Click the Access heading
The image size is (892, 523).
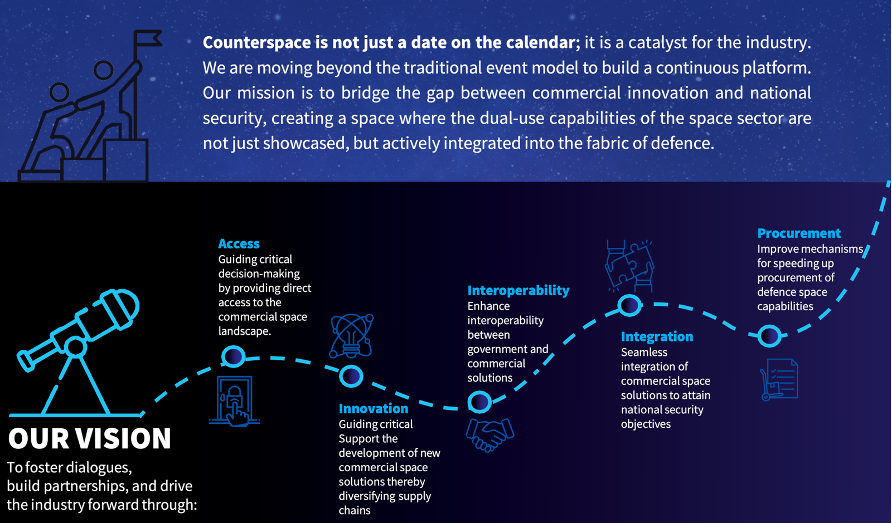(239, 243)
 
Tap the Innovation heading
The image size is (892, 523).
(373, 408)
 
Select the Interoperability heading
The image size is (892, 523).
(518, 290)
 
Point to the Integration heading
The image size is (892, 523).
(657, 336)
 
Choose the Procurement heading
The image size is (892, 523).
(798, 233)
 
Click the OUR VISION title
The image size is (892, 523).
(90, 438)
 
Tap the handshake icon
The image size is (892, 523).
(490, 434)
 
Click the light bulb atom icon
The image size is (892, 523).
(351, 336)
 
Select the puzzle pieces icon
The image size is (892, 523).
(629, 266)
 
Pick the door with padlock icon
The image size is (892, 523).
(235, 401)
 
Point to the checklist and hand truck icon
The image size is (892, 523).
(779, 379)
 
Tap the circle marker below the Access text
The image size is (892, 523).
(234, 356)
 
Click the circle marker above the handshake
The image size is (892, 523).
(479, 402)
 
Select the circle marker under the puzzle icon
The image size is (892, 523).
(629, 305)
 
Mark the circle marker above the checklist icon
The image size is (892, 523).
(769, 336)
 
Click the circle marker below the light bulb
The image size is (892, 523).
(351, 377)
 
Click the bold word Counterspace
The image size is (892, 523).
(257, 42)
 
